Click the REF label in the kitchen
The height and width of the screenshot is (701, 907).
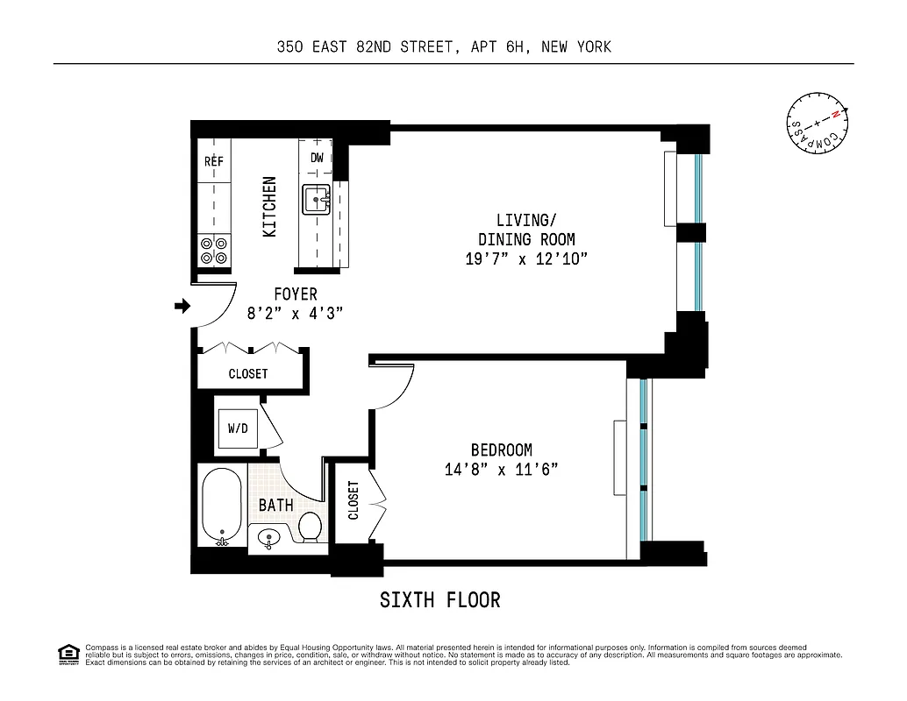coord(214,161)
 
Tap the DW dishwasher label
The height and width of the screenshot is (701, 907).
coord(317,158)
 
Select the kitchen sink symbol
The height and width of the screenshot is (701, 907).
coord(316,201)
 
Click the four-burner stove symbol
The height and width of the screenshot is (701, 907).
coord(214,251)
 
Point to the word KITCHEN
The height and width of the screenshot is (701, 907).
coord(270,207)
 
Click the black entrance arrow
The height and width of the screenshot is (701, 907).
coord(182,306)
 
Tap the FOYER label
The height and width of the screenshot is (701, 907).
coord(295,294)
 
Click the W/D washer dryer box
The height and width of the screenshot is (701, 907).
coord(237,428)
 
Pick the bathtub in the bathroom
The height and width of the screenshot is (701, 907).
coord(221,507)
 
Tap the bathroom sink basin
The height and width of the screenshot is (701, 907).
coord(268,538)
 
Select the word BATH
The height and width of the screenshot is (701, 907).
coord(275,506)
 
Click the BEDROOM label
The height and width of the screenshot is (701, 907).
coord(501,450)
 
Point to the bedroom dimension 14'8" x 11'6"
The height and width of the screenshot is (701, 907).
coord(501,470)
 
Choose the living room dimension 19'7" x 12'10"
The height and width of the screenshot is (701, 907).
coord(526,259)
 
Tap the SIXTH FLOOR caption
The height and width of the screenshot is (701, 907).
coord(439,600)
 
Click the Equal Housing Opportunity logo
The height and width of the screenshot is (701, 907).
coord(68,654)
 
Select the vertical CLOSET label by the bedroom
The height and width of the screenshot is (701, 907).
coord(354,500)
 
